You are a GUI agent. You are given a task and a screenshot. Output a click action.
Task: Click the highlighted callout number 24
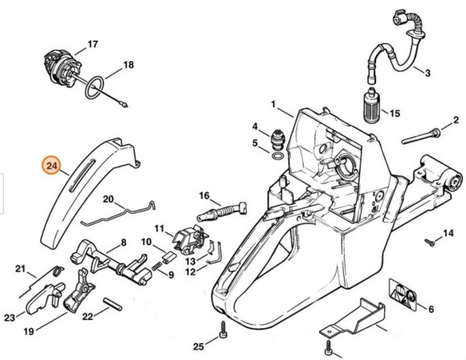[52, 166]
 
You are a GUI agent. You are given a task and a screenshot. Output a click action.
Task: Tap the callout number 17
[92, 43]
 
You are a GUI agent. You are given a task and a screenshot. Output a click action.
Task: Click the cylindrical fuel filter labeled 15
[371, 107]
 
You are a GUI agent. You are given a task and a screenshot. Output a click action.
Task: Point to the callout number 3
[427, 73]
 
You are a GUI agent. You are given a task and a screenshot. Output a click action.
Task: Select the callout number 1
[273, 104]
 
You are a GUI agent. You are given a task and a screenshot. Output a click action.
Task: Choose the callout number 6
[431, 308]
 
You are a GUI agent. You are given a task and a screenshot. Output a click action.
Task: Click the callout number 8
[123, 242]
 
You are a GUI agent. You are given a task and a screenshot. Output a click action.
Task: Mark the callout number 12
[190, 272]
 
